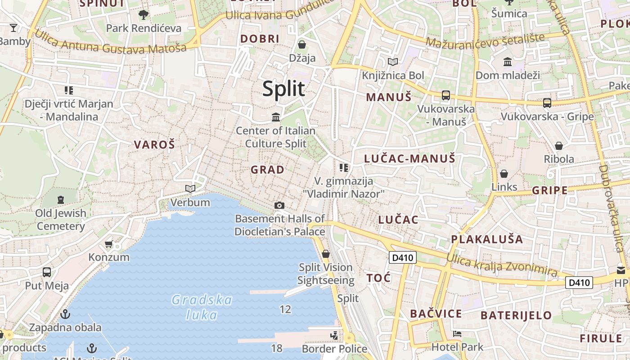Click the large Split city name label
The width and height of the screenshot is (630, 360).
[x=283, y=89]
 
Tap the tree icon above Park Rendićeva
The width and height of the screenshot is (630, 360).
[x=144, y=15]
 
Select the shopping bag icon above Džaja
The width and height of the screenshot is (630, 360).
[x=302, y=45]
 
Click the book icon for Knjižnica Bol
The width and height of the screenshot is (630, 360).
[x=393, y=62]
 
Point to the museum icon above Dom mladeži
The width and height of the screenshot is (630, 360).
[x=508, y=62]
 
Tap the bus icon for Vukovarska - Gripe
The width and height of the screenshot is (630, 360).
[x=547, y=103]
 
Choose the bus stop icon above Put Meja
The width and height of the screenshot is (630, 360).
[x=47, y=272]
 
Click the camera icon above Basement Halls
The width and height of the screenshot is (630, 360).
[x=279, y=206]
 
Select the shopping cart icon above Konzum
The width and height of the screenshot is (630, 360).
[x=108, y=244]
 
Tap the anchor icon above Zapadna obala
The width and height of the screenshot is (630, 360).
[x=66, y=314]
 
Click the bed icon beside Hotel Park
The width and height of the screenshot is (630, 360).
[x=457, y=334]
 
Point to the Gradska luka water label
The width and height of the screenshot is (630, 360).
[x=202, y=307]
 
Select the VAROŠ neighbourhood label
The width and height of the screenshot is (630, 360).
[x=154, y=145]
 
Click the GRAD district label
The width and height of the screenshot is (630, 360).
[x=267, y=170]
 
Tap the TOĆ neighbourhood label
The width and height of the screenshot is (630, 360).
[x=378, y=278]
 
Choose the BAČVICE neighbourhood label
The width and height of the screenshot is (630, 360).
[x=436, y=314]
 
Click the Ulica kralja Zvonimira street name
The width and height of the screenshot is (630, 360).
[x=501, y=265]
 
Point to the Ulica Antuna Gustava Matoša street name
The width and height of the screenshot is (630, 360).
[x=110, y=45]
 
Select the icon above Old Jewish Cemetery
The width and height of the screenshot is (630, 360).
[x=61, y=199]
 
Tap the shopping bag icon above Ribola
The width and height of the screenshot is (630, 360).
[x=558, y=146]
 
